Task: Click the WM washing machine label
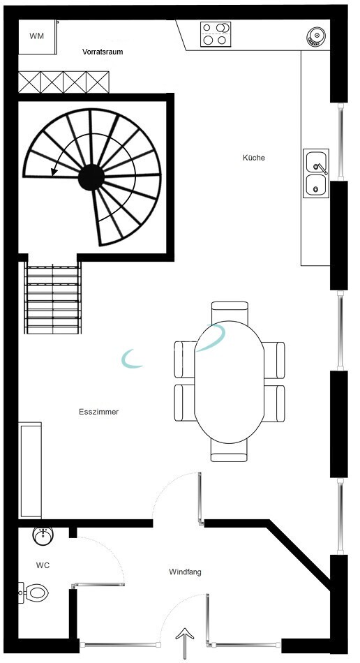(37, 36)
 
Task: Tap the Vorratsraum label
(103, 52)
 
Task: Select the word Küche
(253, 158)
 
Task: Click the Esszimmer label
(99, 412)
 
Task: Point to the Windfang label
(185, 572)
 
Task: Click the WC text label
(43, 565)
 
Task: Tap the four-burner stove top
(216, 33)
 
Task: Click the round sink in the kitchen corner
(316, 36)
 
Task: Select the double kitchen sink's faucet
(322, 168)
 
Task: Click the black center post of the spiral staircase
(91, 177)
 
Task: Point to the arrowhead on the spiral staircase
(54, 171)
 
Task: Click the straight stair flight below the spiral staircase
(53, 298)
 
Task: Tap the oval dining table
(229, 382)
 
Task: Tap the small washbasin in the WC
(43, 536)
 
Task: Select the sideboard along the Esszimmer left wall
(31, 470)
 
